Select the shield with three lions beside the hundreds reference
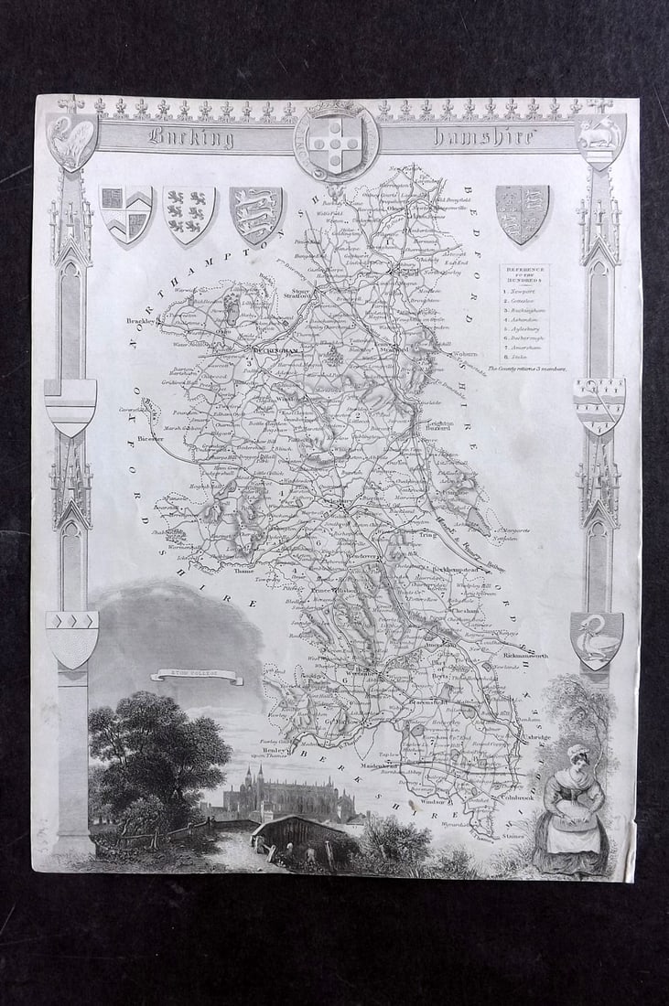click(x=522, y=214)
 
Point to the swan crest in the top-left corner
click(x=72, y=138)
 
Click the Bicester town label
click(x=152, y=439)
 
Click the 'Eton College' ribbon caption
click(x=197, y=677)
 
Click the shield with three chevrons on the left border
click(x=71, y=635)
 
